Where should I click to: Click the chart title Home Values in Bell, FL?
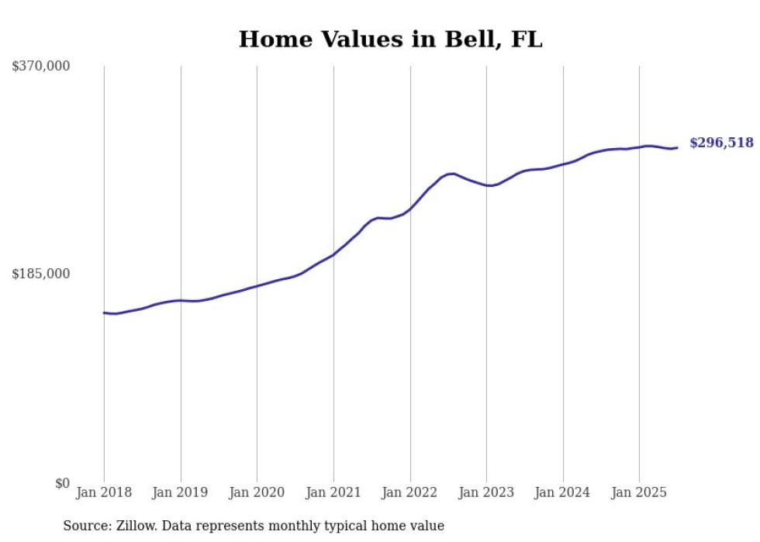coord(390,40)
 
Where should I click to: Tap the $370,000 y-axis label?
coord(40,67)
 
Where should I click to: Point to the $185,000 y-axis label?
coord(40,274)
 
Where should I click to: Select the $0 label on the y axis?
coord(62,483)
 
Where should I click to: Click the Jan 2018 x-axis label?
coord(104,492)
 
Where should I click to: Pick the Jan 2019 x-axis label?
coord(181,492)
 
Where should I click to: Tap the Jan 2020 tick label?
coord(257,492)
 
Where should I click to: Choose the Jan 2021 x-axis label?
coord(333,492)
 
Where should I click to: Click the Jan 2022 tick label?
coord(410,492)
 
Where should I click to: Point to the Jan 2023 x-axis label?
coord(486,492)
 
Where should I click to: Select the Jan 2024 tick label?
coord(563,492)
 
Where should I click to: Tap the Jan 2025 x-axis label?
coord(639,492)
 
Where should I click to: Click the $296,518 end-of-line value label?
coord(721,143)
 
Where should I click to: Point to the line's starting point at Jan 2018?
coord(104,312)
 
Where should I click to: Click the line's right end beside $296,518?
coord(677,147)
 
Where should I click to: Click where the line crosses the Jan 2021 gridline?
coord(333,254)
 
